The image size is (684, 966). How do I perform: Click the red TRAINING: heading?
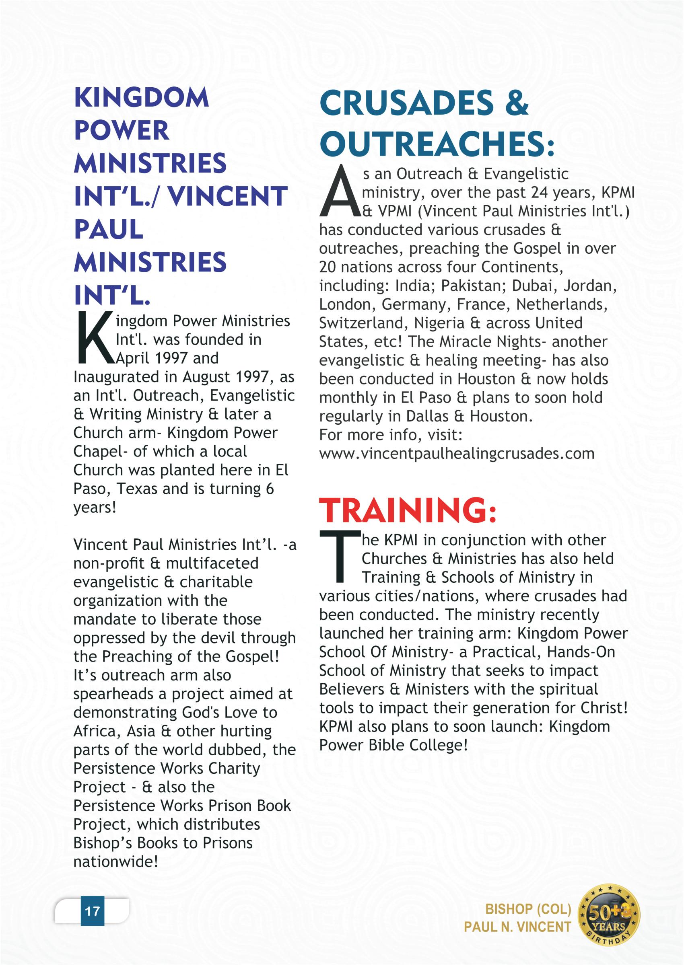click(x=407, y=510)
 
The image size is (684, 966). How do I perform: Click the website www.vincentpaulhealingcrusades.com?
click(x=457, y=454)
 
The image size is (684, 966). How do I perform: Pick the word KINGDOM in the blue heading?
click(x=141, y=98)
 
